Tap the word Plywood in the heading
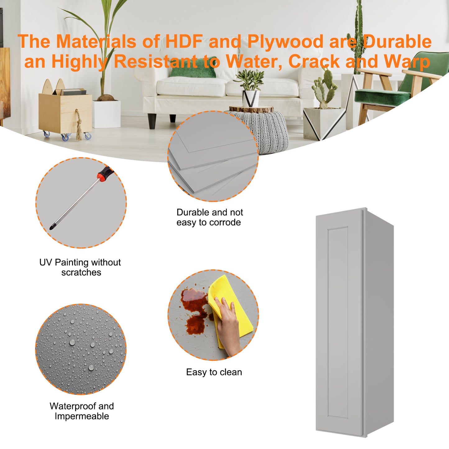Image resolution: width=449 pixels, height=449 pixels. pos(286,42)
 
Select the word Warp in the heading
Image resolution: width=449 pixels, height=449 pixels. pos(407,62)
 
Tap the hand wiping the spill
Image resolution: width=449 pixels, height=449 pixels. pos(229,327)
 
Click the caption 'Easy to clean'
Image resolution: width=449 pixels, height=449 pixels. pos(214,372)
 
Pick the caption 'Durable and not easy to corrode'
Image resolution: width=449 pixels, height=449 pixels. pos(209,217)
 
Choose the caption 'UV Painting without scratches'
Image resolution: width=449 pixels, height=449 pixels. pos(80,267)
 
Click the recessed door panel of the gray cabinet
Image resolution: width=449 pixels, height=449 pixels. pos(338,323)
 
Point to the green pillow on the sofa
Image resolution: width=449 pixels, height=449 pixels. pos(193,67)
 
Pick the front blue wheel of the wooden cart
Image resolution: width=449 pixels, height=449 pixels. pos(65,137)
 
